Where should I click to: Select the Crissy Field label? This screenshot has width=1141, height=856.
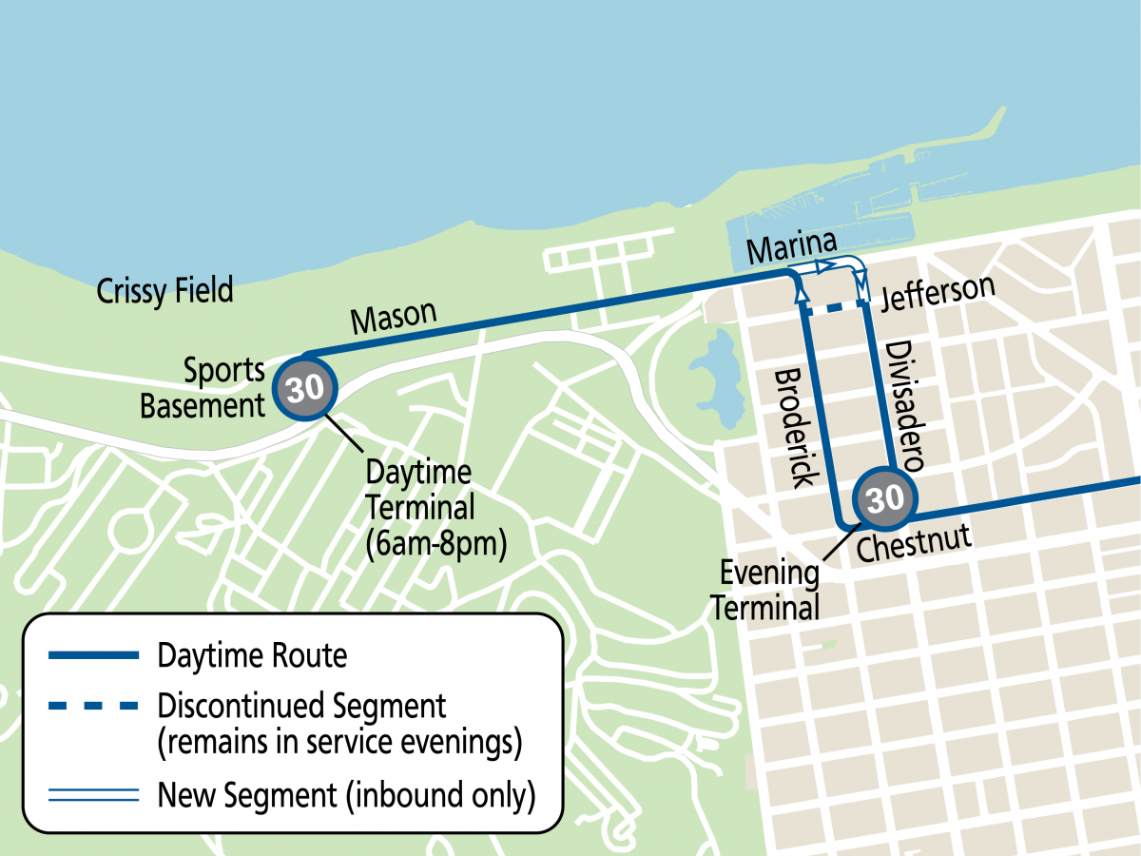coord(164,291)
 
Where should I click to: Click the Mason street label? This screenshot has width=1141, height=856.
coord(393,317)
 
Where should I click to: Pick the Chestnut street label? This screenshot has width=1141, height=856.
coord(914,544)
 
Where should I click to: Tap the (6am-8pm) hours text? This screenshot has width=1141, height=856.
coord(435,546)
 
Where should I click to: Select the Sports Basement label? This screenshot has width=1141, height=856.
coord(203,388)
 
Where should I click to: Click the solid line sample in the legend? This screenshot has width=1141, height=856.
coord(91,656)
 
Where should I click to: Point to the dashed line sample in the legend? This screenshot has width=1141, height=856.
coord(91,708)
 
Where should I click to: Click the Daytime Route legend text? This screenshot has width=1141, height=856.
coord(252,655)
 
